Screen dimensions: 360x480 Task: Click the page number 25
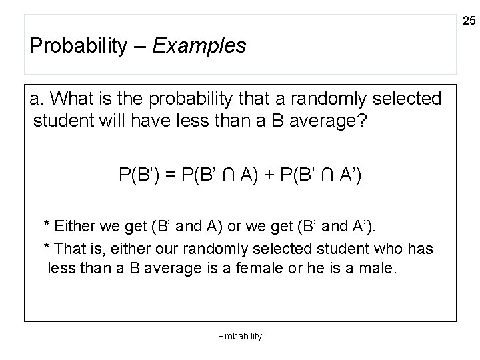coord(469,22)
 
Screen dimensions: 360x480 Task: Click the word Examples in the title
coord(199,46)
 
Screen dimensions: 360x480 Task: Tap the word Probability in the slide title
coord(78,47)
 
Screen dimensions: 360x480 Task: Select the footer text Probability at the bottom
coord(240,336)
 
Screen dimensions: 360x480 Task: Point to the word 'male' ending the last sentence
coord(377,269)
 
